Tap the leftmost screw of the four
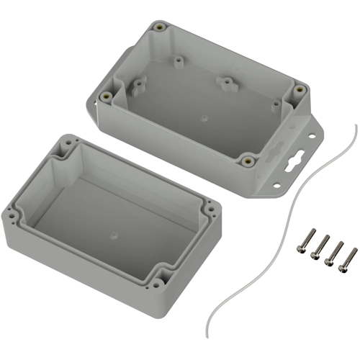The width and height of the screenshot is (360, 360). click(302, 242)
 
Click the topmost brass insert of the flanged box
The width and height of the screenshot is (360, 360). click(158, 30)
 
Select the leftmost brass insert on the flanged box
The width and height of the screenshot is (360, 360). click(107, 95)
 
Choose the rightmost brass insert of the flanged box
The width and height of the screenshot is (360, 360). click(299, 91)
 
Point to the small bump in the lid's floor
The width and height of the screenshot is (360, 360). click(114, 234)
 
